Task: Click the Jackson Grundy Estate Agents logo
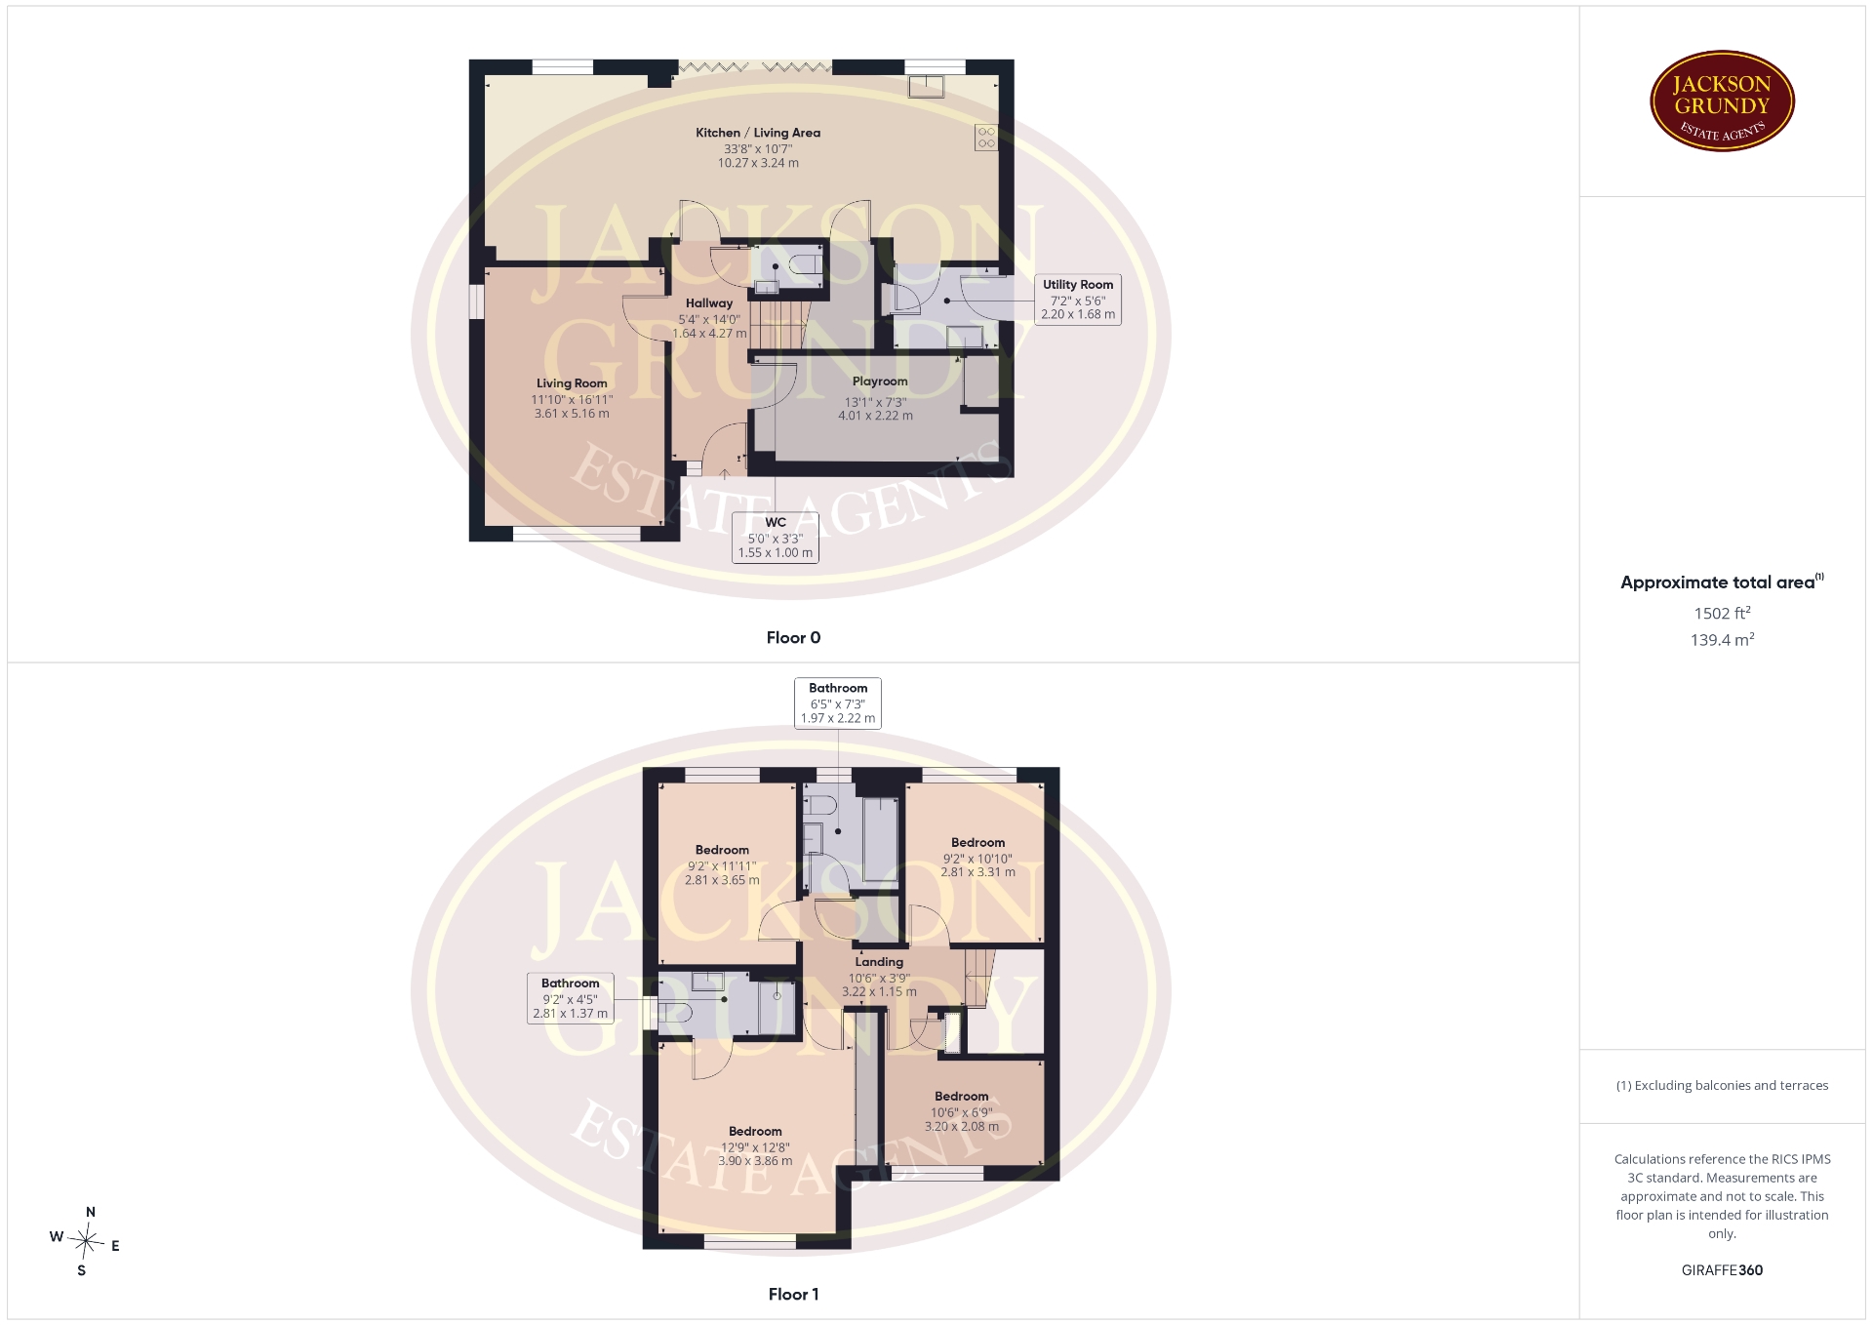(1722, 101)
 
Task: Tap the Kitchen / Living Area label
(758, 133)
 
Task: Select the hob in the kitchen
(986, 137)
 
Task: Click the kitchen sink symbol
(926, 87)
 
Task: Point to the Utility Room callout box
(1078, 299)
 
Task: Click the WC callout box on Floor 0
(776, 538)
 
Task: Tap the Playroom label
(880, 381)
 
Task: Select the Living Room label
(572, 383)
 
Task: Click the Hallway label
(709, 303)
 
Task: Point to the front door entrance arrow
(725, 475)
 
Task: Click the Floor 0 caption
(793, 637)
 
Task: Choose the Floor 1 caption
(793, 1294)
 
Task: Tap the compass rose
(86, 1241)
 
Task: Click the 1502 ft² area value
(1722, 613)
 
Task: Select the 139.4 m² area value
(1722, 639)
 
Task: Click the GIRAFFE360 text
(1722, 1269)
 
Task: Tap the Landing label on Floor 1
(879, 962)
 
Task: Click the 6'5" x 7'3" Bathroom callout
(838, 703)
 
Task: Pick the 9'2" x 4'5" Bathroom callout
(571, 998)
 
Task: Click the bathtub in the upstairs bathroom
(880, 840)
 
